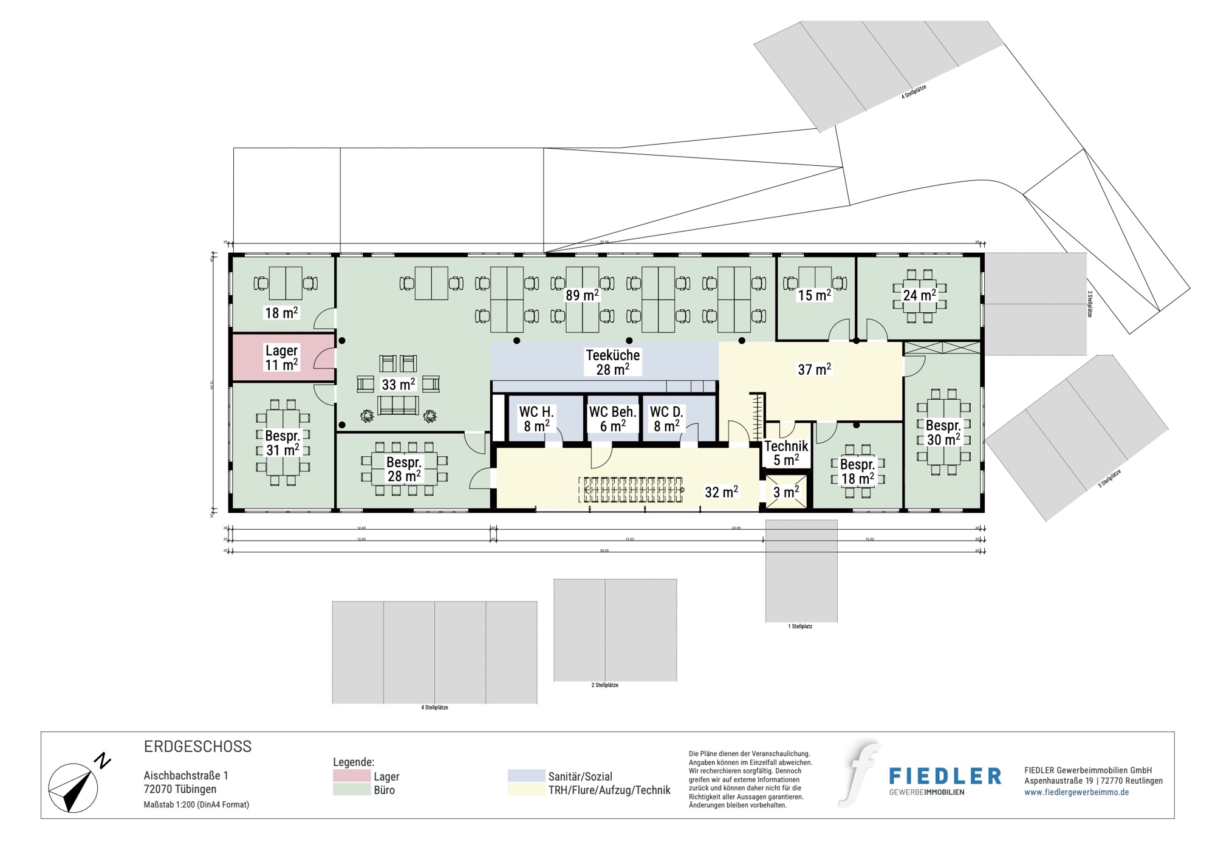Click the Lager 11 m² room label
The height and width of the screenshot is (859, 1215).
pyautogui.click(x=281, y=357)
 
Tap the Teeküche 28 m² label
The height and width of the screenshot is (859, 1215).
pyautogui.click(x=612, y=362)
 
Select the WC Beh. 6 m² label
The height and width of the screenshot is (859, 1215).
pyautogui.click(x=612, y=419)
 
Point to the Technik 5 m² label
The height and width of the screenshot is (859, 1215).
pyautogui.click(x=786, y=453)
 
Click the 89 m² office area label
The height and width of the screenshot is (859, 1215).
pyautogui.click(x=582, y=295)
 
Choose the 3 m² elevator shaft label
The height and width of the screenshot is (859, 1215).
pyautogui.click(x=786, y=492)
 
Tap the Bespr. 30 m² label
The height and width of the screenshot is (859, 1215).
pyautogui.click(x=943, y=432)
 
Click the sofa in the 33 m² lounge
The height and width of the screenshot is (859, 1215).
pyautogui.click(x=398, y=405)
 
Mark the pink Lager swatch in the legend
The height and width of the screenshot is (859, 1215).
pyautogui.click(x=352, y=776)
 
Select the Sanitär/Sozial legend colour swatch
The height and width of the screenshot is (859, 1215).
pyautogui.click(x=526, y=776)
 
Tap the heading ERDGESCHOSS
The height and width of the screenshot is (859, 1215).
pyautogui.click(x=197, y=747)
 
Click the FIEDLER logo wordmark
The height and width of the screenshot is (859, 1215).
pyautogui.click(x=945, y=776)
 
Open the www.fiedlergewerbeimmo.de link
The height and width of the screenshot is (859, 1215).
pyautogui.click(x=1076, y=792)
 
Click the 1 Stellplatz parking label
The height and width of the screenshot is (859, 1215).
pyautogui.click(x=800, y=626)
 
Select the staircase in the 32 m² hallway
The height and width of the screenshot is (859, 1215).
pyautogui.click(x=632, y=490)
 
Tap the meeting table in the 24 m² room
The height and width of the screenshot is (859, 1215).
pyautogui.click(x=919, y=296)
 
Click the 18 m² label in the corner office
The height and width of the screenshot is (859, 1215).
pyautogui.click(x=281, y=313)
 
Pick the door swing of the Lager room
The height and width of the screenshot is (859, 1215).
pyautogui.click(x=325, y=358)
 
